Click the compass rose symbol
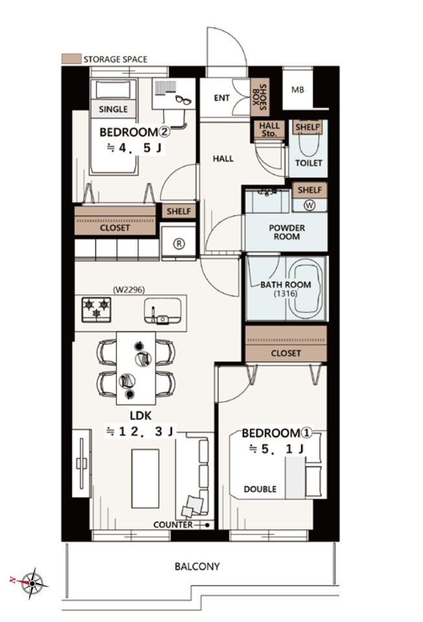32,583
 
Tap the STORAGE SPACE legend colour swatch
71,59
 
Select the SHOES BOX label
260,97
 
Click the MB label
298,90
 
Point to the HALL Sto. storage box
269,130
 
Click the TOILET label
308,163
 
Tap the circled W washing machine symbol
309,205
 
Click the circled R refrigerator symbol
179,244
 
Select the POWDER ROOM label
287,232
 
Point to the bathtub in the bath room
306,289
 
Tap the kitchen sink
162,310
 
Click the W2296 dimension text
129,290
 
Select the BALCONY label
197,566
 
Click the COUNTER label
173,525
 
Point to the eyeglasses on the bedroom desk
183,99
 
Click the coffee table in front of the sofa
145,478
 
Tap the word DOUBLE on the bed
260,489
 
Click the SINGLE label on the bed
113,109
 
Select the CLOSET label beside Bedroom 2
115,227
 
